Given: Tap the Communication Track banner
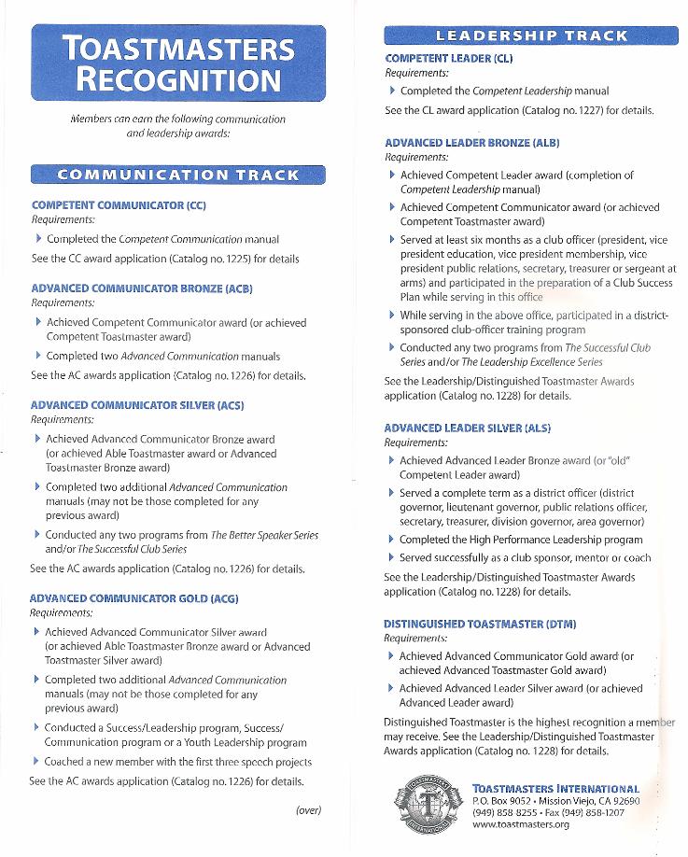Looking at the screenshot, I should [x=177, y=175].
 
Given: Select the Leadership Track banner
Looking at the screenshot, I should [x=532, y=36].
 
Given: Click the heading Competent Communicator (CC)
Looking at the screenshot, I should [x=119, y=204].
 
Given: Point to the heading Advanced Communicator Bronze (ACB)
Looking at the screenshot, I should [x=142, y=288].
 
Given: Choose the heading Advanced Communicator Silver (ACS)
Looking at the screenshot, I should [x=137, y=405].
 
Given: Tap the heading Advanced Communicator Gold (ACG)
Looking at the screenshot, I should [x=134, y=597].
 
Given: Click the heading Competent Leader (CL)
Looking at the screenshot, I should [x=448, y=58].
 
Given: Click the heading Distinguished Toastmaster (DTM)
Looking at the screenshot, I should [x=480, y=623].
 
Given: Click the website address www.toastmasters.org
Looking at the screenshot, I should [x=521, y=824].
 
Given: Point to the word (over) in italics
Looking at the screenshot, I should [x=308, y=809].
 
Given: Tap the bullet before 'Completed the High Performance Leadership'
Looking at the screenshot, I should [x=391, y=540].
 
